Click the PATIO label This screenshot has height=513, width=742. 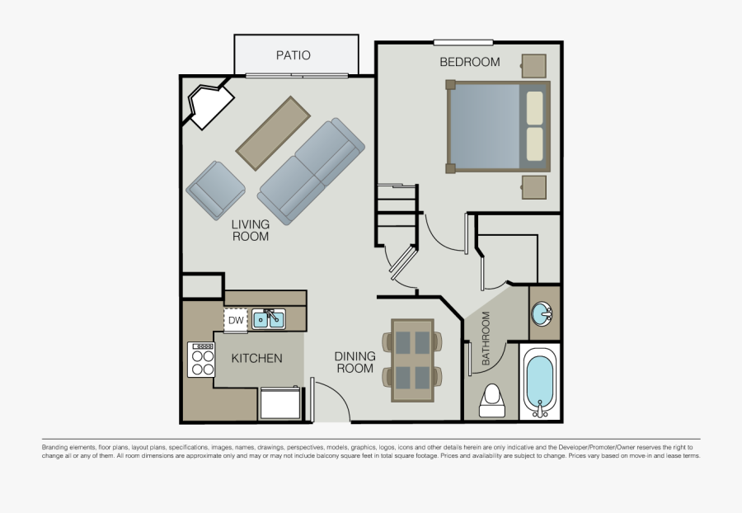(294, 55)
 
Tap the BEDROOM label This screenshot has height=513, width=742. (470, 62)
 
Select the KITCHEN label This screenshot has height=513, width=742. (256, 358)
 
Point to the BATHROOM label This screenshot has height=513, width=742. (486, 338)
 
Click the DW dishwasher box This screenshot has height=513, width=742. (236, 320)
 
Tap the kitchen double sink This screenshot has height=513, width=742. (268, 319)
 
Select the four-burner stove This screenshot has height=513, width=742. (201, 360)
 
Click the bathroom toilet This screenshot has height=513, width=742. (492, 400)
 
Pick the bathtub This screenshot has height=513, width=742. (540, 382)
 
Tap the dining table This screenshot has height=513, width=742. (413, 360)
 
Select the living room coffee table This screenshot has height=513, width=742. (273, 134)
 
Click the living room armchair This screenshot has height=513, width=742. (216, 191)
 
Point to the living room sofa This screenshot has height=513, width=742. (311, 172)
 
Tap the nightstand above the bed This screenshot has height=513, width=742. (533, 66)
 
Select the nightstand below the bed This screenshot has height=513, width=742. (533, 187)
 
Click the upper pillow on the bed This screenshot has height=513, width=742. (535, 108)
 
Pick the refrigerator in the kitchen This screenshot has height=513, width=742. (280, 402)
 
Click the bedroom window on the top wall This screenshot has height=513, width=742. (463, 43)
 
